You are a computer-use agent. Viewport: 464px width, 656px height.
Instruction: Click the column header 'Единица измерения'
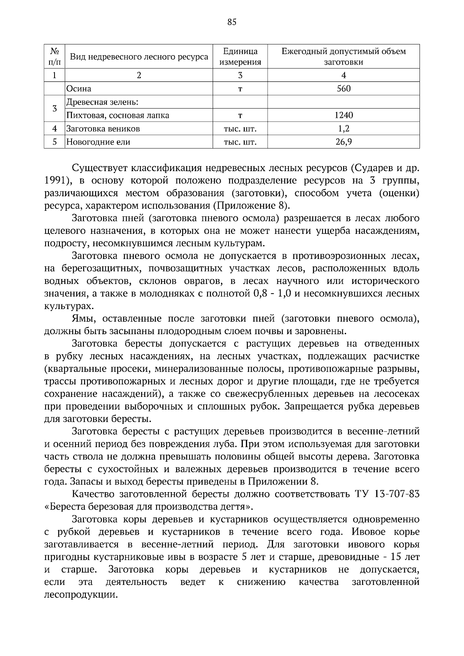coord(240,56)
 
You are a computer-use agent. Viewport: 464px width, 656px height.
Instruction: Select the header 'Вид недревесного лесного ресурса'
coord(139,57)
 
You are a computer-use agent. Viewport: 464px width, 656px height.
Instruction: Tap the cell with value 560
coord(343,89)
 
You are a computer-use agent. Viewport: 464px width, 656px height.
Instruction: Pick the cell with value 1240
coord(343,115)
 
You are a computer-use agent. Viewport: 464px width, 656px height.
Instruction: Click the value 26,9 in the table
coord(343,142)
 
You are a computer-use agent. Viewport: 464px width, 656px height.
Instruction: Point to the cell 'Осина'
coord(79,89)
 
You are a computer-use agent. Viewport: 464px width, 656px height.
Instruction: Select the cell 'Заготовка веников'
coord(103,129)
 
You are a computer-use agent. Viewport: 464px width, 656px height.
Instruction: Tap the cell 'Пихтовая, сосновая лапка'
coord(118,115)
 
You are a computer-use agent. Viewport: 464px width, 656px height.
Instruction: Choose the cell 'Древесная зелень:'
coord(102,102)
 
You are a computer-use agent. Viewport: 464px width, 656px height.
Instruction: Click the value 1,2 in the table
coord(343,129)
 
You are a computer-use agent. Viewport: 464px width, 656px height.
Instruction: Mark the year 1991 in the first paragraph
coord(54,181)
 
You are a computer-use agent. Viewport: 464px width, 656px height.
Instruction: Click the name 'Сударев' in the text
coord(374,168)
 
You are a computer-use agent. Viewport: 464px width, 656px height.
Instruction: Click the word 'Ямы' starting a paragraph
coord(82,319)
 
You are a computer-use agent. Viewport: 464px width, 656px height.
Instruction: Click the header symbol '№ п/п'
coord(55,56)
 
